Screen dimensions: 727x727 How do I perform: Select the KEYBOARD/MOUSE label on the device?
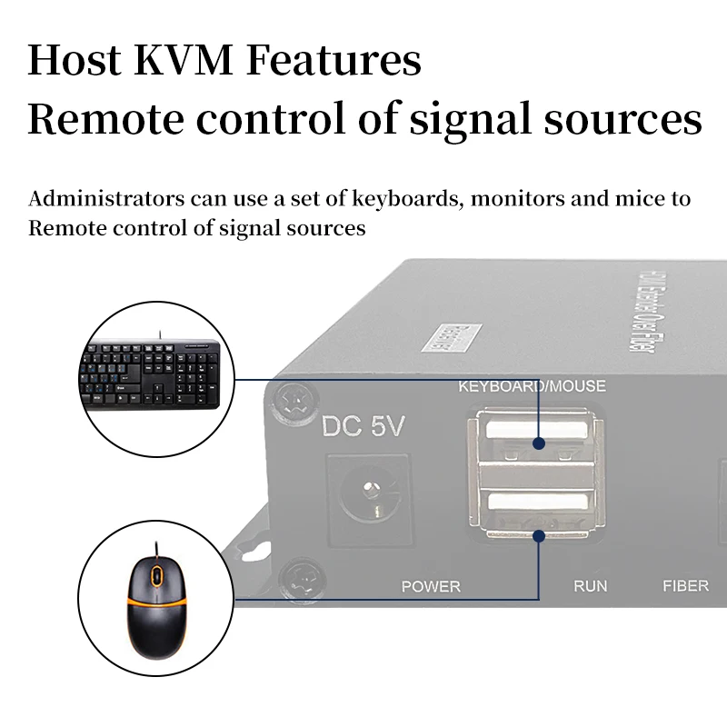point(532,386)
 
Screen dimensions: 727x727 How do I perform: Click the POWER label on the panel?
point(431,586)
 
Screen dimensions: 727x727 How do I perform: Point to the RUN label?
point(590,586)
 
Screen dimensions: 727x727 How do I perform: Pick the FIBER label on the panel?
point(685,586)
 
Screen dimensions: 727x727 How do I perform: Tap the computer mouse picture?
point(155,602)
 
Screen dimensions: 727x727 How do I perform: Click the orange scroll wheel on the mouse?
point(155,575)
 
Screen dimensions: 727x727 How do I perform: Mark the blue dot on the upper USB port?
point(539,445)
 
